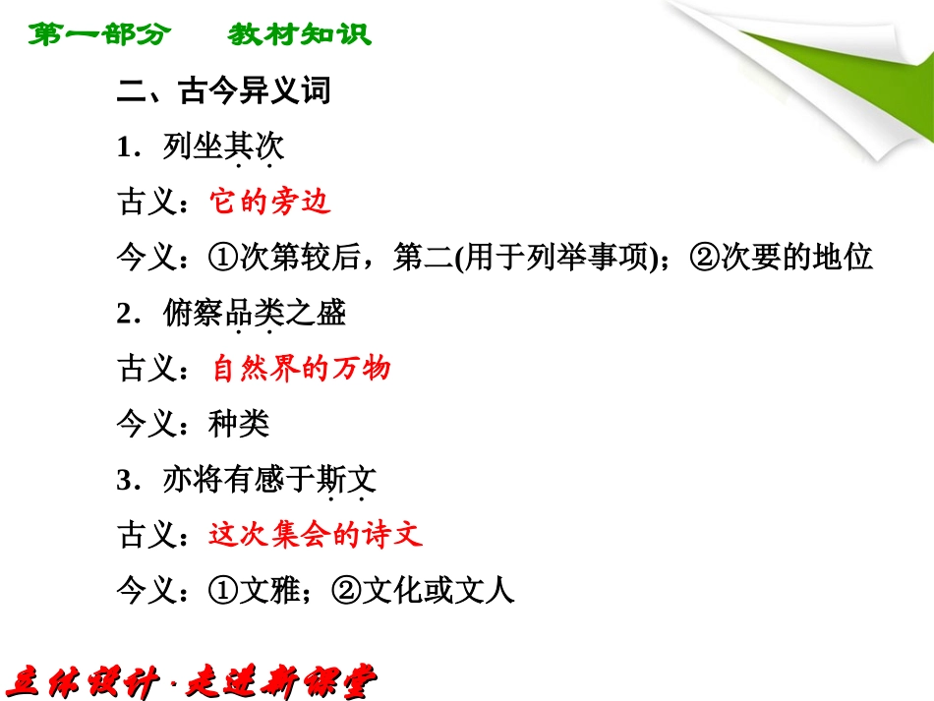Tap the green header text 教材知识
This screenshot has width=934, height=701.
300,35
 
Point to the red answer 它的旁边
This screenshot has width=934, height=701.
270,202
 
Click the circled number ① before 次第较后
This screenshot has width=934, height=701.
223,258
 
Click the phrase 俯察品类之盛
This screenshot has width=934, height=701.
254,314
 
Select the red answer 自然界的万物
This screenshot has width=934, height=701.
301,369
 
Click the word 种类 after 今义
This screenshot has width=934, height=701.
239,424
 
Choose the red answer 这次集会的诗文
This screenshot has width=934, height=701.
316,535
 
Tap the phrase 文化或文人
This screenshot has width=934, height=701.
438,591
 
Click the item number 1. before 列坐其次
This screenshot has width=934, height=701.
126,148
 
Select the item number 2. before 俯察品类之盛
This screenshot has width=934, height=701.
126,315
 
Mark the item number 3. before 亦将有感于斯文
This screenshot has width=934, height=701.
126,481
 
